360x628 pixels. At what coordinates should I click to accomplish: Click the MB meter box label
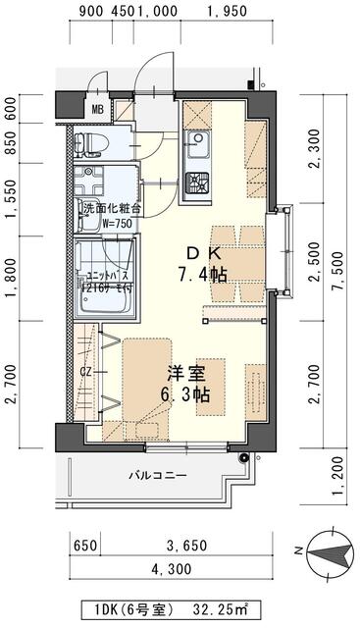98,109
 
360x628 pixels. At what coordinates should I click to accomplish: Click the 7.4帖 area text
202,274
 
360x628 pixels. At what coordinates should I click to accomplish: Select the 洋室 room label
186,374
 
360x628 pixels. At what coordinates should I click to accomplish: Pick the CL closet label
86,373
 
